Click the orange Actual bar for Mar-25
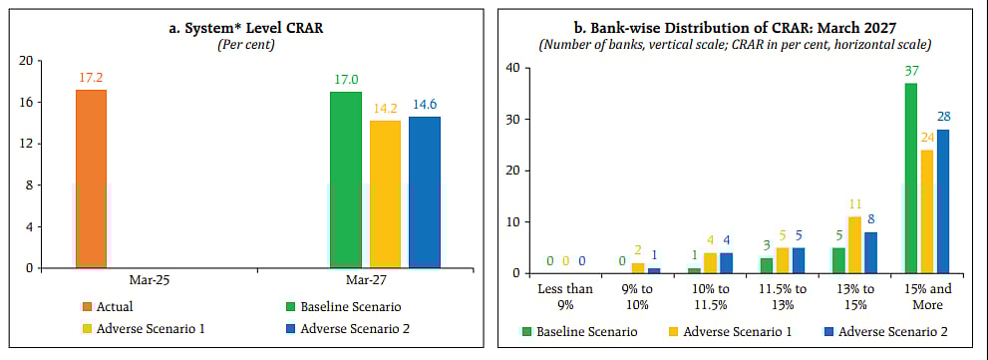tap(91, 179)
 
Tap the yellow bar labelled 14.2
tap(385, 193)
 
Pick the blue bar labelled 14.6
tap(424, 191)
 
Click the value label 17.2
tap(91, 77)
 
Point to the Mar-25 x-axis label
tap(149, 280)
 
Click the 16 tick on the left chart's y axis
tap(25, 102)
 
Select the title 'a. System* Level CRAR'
tap(246, 28)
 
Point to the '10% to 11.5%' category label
tap(715, 296)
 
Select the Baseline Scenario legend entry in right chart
tap(583, 330)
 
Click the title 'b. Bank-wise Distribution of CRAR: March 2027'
tap(743, 28)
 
